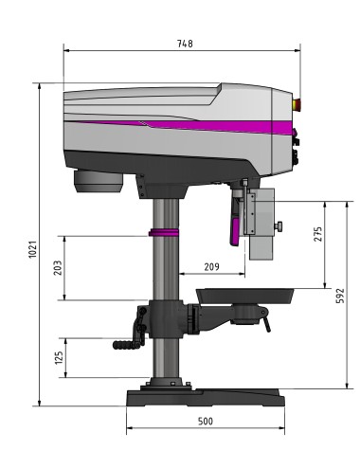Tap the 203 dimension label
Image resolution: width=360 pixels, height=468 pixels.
point(58,268)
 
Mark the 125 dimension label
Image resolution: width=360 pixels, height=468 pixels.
point(58,357)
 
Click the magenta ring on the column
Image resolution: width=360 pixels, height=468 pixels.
point(164,232)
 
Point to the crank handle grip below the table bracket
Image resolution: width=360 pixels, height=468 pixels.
point(124,347)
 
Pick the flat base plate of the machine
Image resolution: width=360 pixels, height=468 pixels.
point(204,396)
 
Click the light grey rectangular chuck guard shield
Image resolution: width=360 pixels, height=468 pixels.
point(261,223)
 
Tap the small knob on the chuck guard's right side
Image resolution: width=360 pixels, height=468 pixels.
point(281,225)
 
